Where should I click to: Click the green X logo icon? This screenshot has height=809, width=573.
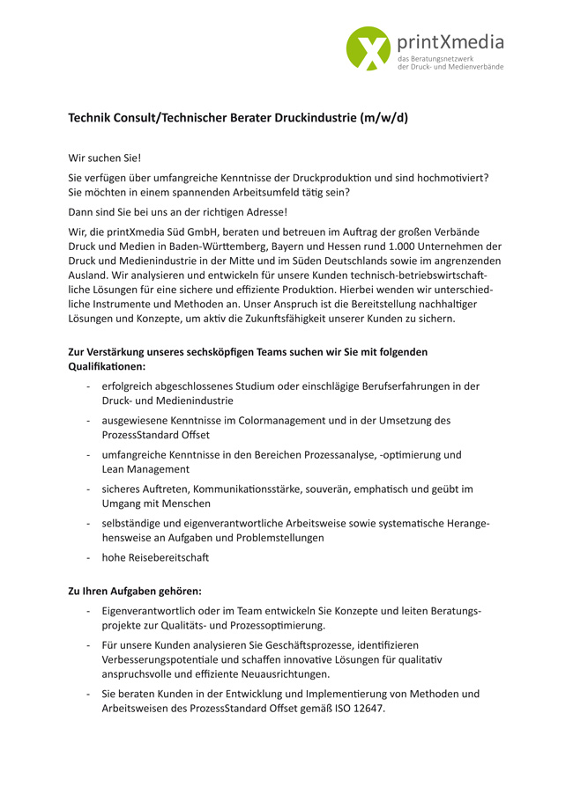tap(368, 48)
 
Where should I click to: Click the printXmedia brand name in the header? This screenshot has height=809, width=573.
tap(450, 41)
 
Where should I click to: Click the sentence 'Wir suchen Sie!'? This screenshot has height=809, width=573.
tap(105, 158)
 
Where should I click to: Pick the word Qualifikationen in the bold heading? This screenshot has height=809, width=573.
tap(107, 366)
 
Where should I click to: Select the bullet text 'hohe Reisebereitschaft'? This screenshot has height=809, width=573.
tap(155, 557)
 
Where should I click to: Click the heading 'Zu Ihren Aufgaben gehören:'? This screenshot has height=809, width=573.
tap(136, 591)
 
